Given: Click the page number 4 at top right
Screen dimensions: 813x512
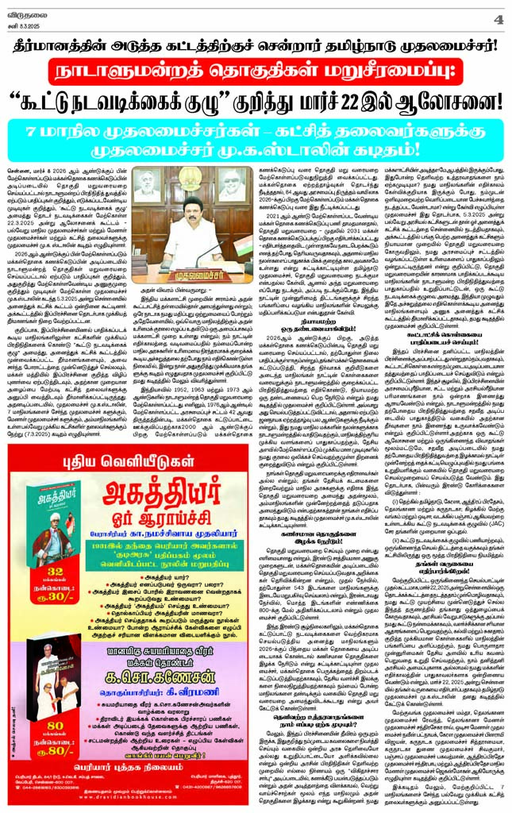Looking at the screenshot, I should [498, 17].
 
